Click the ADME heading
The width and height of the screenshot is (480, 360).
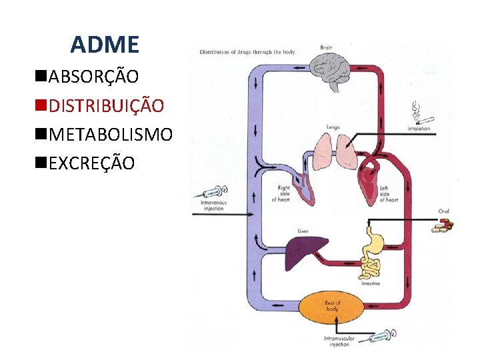pos(105,45)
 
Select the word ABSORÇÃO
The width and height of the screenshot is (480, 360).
pos(94,77)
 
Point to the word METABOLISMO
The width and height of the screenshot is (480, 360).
pos(111,135)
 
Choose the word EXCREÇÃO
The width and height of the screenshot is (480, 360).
pos(92,163)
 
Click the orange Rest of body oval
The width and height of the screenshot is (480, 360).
pos(332,307)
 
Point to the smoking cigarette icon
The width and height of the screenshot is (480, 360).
pos(419,113)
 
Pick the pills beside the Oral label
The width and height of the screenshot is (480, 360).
pos(441,227)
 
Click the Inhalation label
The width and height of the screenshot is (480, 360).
pos(419,129)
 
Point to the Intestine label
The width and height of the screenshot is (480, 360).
pos(371,284)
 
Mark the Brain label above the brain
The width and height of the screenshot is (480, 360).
pos(326,47)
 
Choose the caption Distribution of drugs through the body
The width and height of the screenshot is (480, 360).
pos(247,51)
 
